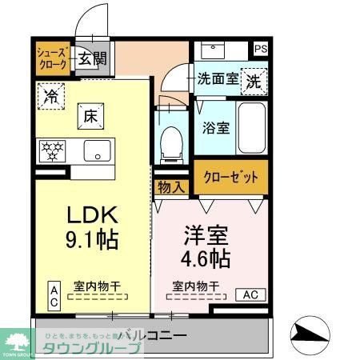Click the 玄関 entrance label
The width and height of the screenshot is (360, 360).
(92, 58)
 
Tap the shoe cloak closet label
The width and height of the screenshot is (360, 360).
(54, 58)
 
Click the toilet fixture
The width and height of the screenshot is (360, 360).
(170, 143)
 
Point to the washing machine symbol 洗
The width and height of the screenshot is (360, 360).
(253, 81)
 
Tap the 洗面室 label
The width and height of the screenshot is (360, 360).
(218, 79)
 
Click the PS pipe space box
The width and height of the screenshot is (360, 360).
(260, 49)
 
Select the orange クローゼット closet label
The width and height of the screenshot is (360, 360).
(230, 178)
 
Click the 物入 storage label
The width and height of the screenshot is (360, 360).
(170, 188)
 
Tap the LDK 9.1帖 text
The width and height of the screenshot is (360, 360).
(93, 227)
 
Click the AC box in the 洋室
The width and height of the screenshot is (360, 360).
(250, 294)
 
